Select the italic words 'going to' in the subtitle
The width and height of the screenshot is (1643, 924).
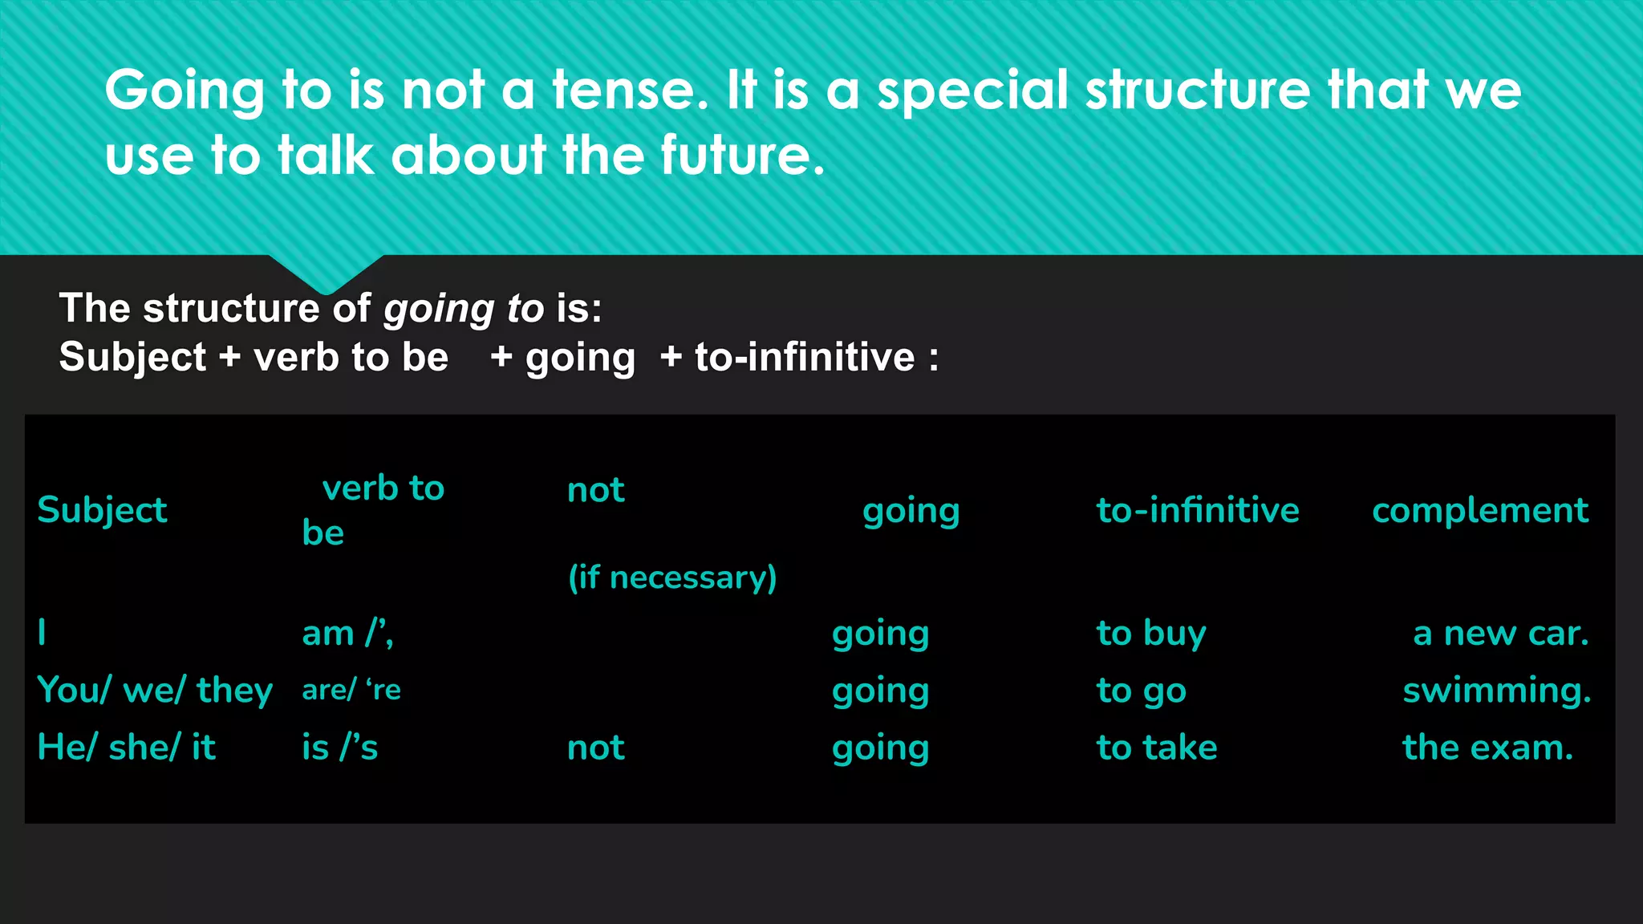coord(464,309)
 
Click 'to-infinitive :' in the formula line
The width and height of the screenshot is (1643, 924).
coord(816,357)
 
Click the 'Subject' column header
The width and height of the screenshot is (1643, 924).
coord(102,510)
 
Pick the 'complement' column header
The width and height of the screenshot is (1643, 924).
coord(1479,510)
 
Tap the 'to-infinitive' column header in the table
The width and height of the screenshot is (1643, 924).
coord(1197,510)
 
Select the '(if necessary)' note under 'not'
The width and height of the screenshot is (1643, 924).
coord(672,577)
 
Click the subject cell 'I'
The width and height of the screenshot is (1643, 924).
coord(42,633)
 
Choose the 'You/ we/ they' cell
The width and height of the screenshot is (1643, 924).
coord(155,690)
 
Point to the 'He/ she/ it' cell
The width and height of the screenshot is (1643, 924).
coord(127,748)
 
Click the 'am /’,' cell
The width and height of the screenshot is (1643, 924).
coord(347,633)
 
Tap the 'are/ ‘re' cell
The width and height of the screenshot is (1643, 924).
coord(351,690)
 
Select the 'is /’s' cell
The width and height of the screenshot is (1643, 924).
coord(339,748)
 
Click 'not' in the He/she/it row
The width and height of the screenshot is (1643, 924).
coord(595,748)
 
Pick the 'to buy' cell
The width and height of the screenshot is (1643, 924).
coord(1150,633)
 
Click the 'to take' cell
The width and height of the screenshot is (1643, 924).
coord(1156,748)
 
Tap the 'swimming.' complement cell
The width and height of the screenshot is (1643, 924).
coord(1496,690)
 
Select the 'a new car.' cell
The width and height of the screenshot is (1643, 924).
coord(1500,633)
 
